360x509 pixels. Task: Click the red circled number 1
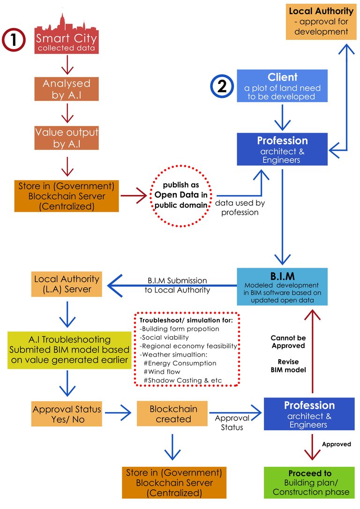point(15,39)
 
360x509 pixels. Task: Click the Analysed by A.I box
point(67,89)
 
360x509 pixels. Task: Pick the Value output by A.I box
point(67,138)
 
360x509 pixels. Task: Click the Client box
point(283,85)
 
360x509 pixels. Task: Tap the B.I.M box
point(282,287)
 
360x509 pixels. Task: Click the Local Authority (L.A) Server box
point(67,284)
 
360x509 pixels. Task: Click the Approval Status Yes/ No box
point(67,414)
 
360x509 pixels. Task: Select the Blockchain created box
point(173,413)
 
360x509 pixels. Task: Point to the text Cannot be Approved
point(288,341)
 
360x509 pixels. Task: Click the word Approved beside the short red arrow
point(336,444)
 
